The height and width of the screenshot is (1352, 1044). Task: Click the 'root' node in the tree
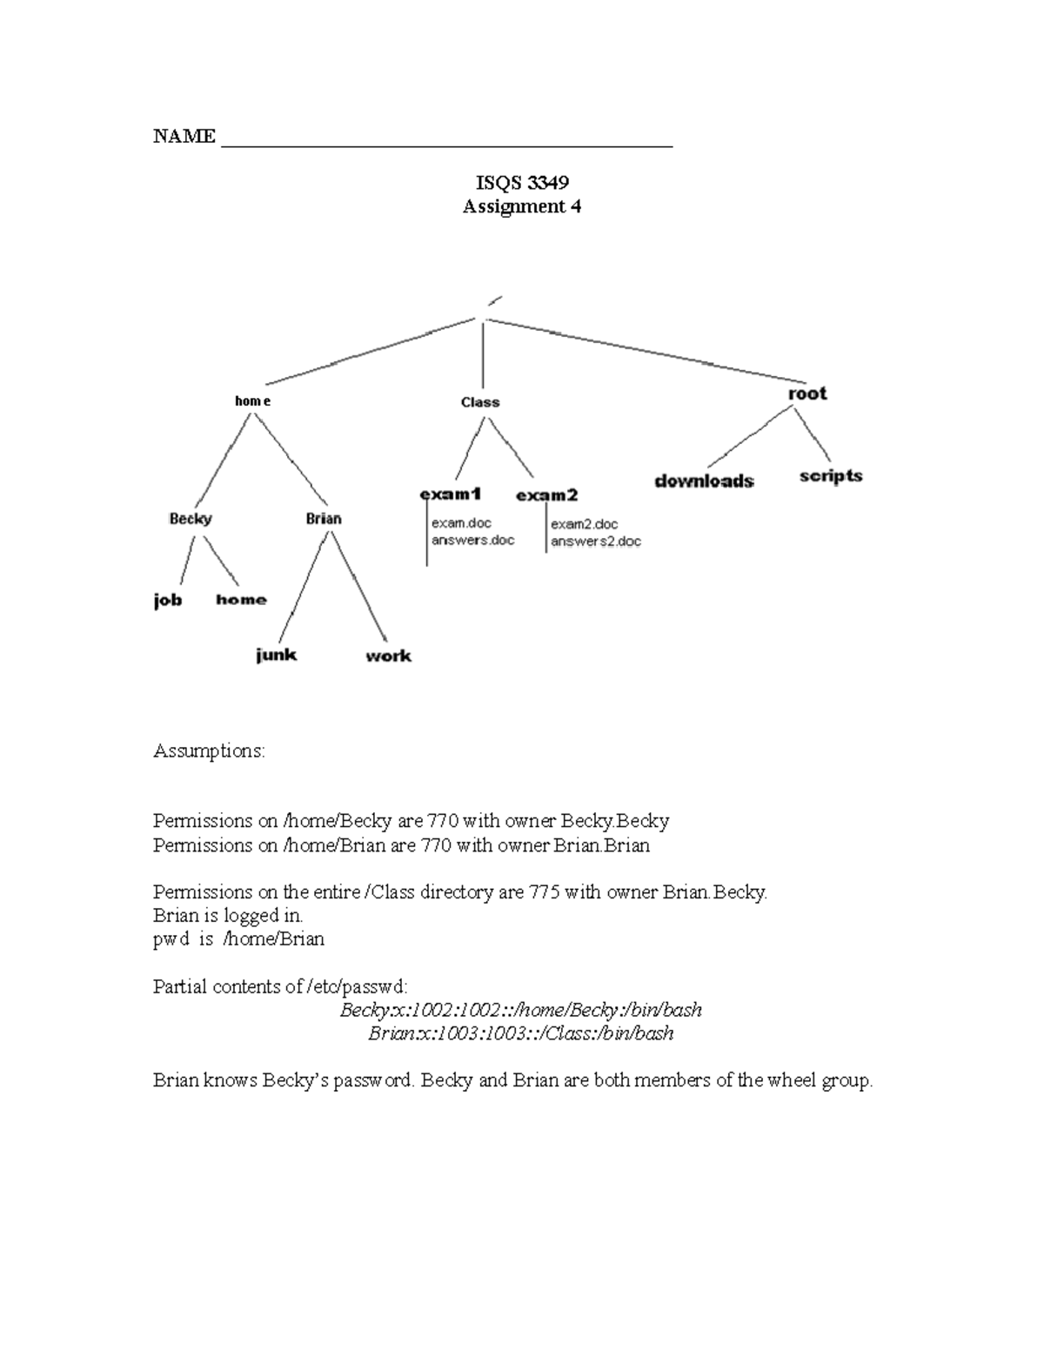pos(806,393)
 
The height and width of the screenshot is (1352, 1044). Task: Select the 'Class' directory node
pos(480,402)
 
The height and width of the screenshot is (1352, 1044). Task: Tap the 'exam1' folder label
pos(451,494)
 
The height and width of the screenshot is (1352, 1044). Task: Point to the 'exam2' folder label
pos(546,495)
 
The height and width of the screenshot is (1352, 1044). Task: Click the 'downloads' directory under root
pos(704,481)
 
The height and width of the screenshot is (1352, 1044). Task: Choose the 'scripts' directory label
pos(831,475)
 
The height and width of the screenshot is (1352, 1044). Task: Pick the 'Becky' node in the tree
pos(191,519)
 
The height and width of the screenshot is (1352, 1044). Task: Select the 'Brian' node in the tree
pos(324,519)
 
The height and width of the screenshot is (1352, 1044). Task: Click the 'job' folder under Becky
pos(168,600)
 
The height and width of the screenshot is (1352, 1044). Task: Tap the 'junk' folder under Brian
pos(277,655)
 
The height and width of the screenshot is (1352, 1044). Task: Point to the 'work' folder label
pos(388,656)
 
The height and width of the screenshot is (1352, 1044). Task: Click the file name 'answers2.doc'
pos(596,541)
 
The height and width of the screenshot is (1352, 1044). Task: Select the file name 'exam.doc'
pos(461,523)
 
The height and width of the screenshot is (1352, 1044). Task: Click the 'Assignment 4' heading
pos(522,206)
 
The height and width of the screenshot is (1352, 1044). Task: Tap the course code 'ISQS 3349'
pos(522,183)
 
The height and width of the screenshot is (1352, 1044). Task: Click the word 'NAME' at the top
pos(184,137)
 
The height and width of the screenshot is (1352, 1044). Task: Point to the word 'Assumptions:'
pos(209,750)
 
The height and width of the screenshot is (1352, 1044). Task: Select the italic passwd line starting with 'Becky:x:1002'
pos(520,1010)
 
